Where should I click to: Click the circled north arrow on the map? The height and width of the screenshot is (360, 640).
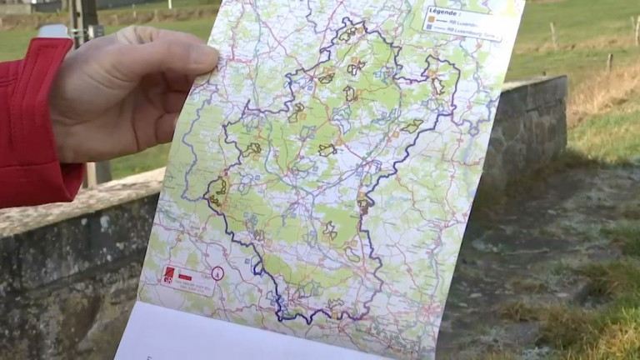(217, 272)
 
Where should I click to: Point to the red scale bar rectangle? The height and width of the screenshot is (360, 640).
(184, 276)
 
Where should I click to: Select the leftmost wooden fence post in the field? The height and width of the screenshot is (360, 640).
(552, 35)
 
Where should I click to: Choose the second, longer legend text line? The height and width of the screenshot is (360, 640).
(467, 32)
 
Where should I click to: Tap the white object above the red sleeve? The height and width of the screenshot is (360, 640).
(52, 31)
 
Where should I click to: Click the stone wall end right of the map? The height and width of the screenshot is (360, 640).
(533, 125)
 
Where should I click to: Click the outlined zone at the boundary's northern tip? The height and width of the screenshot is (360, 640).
(348, 34)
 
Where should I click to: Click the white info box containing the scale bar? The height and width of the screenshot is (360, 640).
(190, 280)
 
